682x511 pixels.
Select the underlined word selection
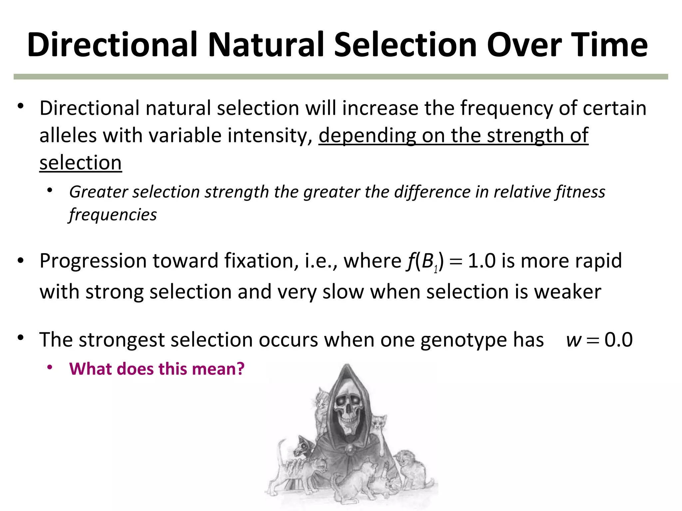pos(81,163)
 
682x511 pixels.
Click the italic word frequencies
pos(113,215)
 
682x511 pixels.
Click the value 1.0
pos(482,260)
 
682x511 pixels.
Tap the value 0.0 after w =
pos(618,340)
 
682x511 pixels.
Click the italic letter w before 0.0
pos(573,340)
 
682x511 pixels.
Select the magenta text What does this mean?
pos(157,369)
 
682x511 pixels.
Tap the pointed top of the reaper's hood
pos(347,367)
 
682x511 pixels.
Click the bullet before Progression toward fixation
pos(21,260)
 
